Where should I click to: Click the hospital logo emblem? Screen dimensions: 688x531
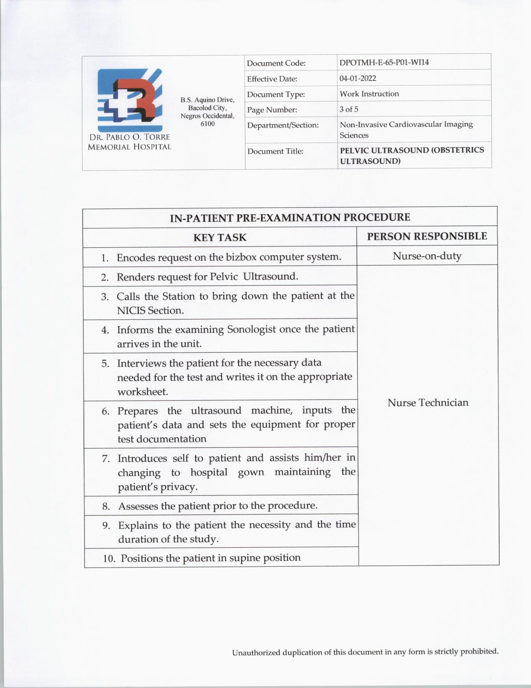pos(130,100)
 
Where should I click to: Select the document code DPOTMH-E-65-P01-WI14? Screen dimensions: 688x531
pos(384,63)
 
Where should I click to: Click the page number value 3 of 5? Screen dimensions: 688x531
pos(349,109)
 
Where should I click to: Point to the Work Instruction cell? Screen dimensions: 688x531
pos(369,94)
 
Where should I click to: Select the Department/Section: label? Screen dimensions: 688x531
pos(282,125)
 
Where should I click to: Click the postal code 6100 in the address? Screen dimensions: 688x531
pos(207,124)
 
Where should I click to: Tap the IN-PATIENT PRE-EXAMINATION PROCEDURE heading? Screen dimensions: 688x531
pos(290,218)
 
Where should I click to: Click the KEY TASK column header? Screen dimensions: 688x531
pos(220,238)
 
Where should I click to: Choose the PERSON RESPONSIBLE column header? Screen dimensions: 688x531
pos(427,236)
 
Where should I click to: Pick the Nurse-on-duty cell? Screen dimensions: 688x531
pos(427,256)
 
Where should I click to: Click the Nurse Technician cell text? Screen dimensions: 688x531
pos(428,402)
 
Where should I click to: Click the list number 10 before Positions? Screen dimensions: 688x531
pos(109,558)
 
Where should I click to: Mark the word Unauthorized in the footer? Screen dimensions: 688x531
pos(256,653)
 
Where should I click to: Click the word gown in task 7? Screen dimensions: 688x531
pos(251,472)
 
